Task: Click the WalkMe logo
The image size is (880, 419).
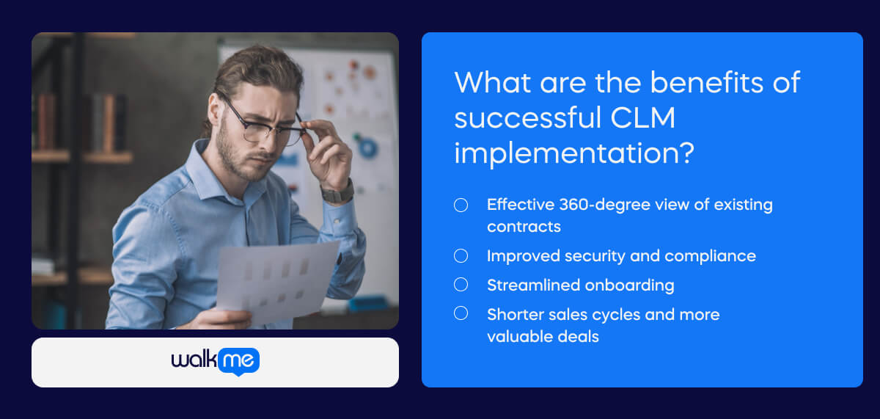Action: [215, 360]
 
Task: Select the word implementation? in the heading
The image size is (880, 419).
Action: [573, 153]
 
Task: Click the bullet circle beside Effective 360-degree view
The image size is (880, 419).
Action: [461, 205]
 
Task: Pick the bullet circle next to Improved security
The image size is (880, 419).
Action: [461, 255]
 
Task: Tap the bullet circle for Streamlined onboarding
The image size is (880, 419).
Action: [461, 285]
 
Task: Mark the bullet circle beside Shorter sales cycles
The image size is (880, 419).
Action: [461, 313]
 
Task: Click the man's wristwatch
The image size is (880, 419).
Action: [338, 193]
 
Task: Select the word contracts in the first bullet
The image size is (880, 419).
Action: [524, 227]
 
